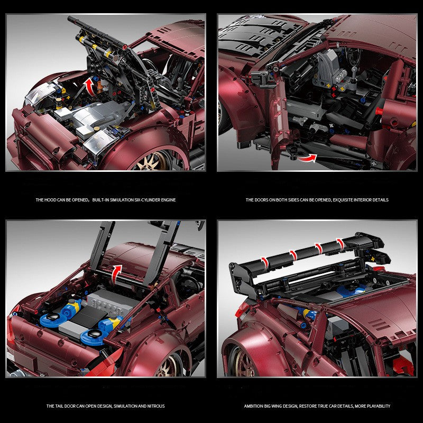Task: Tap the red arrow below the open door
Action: pos(305,157)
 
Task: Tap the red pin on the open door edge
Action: pos(379,111)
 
